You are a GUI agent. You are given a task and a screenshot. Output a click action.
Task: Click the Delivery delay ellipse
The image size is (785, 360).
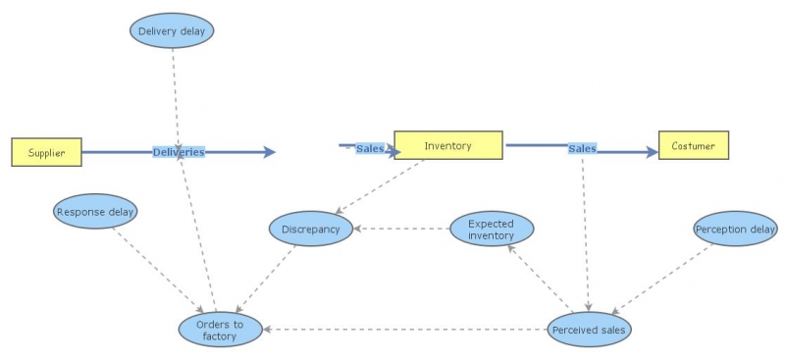pyautogui.click(x=172, y=30)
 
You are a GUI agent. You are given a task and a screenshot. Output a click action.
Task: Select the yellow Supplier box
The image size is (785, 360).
pyautogui.click(x=46, y=152)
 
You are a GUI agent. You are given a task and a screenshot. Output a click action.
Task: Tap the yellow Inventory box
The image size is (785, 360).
pyautogui.click(x=448, y=145)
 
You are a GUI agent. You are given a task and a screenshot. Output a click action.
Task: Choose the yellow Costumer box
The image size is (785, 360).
pyautogui.click(x=693, y=145)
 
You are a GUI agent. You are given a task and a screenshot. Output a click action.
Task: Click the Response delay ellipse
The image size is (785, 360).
pyautogui.click(x=95, y=211)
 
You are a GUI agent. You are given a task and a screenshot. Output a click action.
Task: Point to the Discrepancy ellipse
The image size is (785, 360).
pyautogui.click(x=310, y=229)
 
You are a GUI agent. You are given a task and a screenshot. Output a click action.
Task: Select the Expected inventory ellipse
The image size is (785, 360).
pyautogui.click(x=492, y=230)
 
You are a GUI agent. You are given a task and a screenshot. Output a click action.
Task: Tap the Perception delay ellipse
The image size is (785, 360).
pyautogui.click(x=735, y=230)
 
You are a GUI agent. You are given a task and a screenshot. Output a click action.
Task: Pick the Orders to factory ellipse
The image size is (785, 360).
pyautogui.click(x=221, y=330)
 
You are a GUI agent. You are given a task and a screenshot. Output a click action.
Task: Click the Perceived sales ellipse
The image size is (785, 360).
pyautogui.click(x=589, y=330)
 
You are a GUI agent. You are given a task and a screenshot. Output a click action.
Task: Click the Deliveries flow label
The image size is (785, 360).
pyautogui.click(x=179, y=152)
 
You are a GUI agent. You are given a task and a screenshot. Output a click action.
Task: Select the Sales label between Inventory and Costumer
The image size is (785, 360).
pyautogui.click(x=582, y=148)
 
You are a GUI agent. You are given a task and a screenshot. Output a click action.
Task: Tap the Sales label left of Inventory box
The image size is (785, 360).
pyautogui.click(x=370, y=148)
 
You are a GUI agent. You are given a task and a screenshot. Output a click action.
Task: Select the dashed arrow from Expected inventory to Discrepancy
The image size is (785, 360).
pyautogui.click(x=402, y=230)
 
